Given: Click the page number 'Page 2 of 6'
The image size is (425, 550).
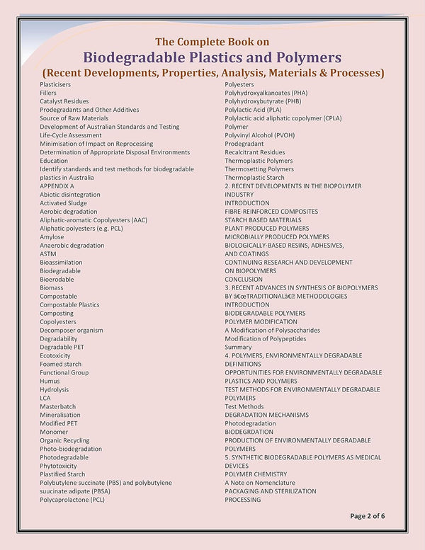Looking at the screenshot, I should [367, 516].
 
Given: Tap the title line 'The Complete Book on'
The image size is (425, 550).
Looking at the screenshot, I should [212, 41].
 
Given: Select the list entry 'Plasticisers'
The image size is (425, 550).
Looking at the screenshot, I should [55, 84].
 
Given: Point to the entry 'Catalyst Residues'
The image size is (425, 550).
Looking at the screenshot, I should [64, 101].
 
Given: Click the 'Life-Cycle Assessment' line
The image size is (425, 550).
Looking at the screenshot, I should [71, 135].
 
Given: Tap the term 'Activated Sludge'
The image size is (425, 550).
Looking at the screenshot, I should [64, 203].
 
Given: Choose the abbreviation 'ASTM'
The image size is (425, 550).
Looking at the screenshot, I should [48, 254].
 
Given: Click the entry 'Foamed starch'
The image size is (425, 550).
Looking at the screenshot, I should [60, 364].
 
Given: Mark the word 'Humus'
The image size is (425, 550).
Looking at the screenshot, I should [50, 381].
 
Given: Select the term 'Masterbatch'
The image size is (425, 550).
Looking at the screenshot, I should [57, 406].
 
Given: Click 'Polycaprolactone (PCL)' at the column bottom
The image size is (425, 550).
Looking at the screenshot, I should [72, 500].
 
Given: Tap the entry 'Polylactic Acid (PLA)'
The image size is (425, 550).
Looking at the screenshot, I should [253, 110].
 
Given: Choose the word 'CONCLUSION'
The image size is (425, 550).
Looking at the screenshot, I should [244, 279].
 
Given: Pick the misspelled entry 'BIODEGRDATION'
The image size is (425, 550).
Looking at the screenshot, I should [249, 432].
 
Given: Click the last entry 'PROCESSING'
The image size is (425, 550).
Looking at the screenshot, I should [243, 500].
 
